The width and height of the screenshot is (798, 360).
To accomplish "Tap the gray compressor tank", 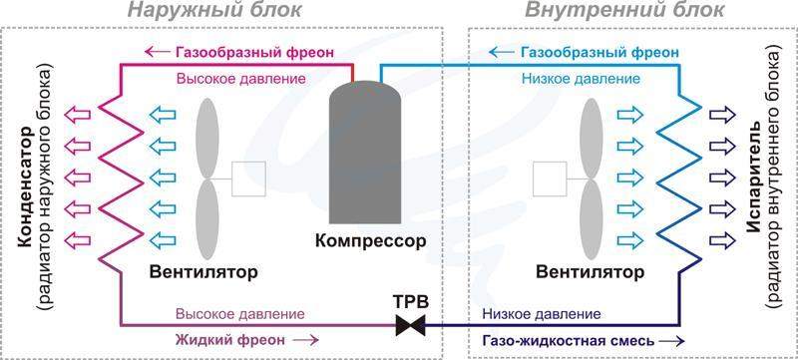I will tap(364, 156).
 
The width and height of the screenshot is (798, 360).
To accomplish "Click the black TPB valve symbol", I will tap(410, 324).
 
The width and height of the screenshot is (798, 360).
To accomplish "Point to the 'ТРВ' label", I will tap(410, 301).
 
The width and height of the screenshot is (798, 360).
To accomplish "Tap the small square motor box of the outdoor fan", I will tap(247, 178).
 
